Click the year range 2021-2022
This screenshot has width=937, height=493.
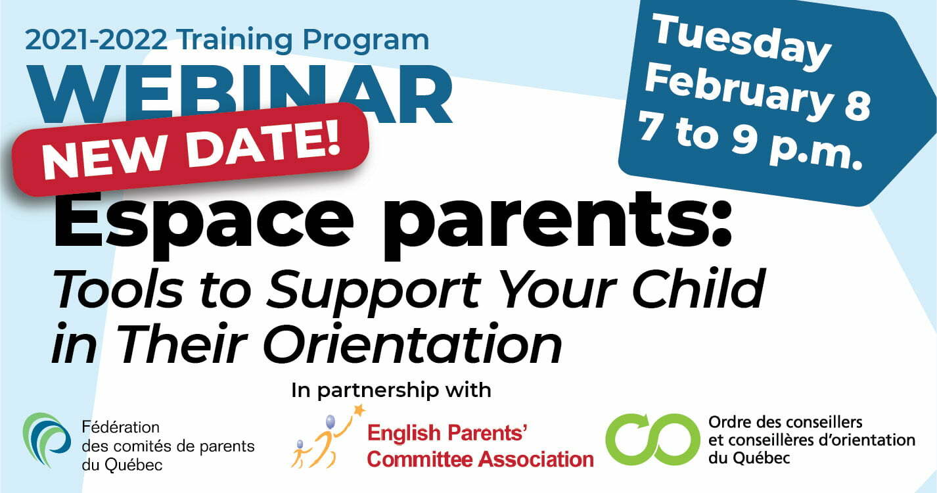click(96, 39)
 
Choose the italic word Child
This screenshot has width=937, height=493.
click(698, 289)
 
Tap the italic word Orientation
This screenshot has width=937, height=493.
click(411, 343)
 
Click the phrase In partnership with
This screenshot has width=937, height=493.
click(391, 390)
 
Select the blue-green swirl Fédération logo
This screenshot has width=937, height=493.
click(46, 440)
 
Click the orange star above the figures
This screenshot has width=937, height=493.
click(359, 410)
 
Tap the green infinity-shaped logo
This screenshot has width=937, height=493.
click(652, 440)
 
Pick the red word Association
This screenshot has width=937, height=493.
click(536, 459)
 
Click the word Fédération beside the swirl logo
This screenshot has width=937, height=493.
click(120, 427)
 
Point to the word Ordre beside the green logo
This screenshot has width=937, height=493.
click(730, 422)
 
